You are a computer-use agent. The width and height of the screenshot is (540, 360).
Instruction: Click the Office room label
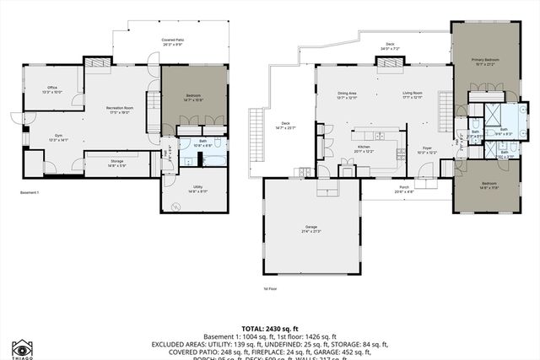[x=52, y=89]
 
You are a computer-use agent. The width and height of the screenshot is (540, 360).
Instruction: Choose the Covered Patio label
[x=174, y=40]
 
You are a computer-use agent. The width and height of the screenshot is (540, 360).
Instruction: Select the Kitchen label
[x=364, y=147]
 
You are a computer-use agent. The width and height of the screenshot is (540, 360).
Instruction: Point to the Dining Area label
[x=347, y=94]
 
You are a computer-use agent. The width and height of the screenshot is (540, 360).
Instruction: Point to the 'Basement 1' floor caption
[x=30, y=193]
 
